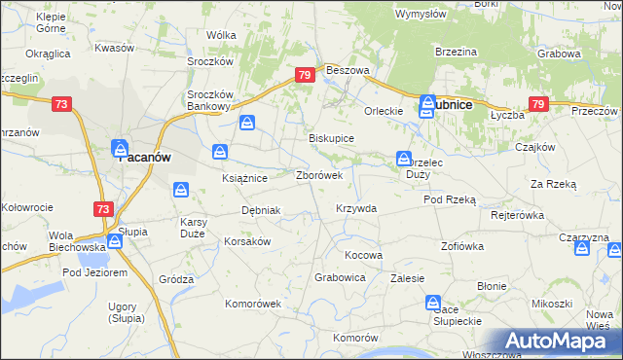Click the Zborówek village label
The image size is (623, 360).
318,176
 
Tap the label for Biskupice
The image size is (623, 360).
331,139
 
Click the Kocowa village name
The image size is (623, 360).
364,255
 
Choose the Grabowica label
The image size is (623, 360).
340,277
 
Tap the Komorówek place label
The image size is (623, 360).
253,304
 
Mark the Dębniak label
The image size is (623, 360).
261,210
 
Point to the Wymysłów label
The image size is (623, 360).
421,15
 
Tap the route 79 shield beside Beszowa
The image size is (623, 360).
305,75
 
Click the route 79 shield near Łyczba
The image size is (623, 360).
537,104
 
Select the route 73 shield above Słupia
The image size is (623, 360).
103,208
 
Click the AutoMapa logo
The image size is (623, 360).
556,341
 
